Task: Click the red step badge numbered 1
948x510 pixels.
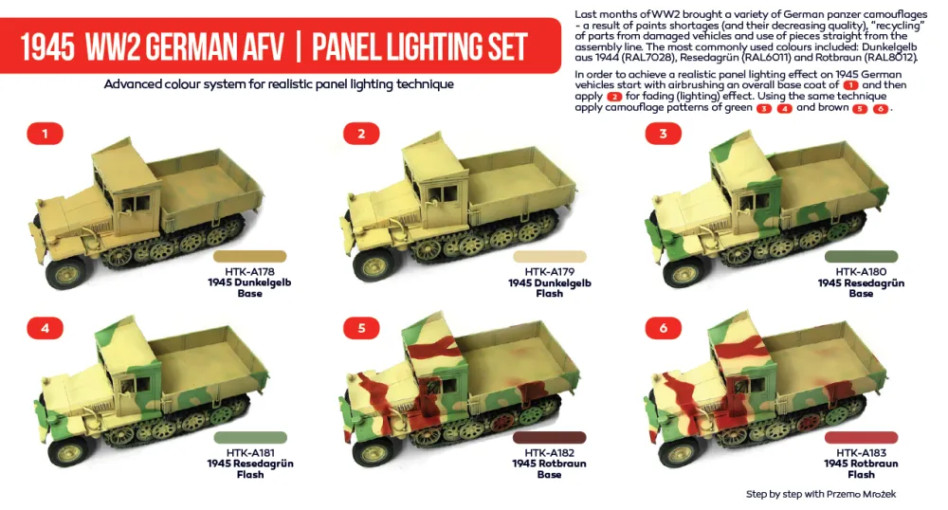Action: [44, 135]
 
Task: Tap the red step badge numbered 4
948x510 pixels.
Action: [44, 329]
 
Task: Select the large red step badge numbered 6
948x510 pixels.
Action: [663, 329]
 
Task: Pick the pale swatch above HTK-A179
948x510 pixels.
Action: [549, 256]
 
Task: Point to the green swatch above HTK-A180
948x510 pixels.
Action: [861, 256]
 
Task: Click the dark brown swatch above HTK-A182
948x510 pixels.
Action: [549, 437]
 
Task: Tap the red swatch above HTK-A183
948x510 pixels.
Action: [861, 437]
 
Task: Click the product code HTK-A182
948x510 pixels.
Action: [549, 451]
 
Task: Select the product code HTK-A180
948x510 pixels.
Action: [861, 270]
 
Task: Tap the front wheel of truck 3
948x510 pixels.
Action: [682, 271]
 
